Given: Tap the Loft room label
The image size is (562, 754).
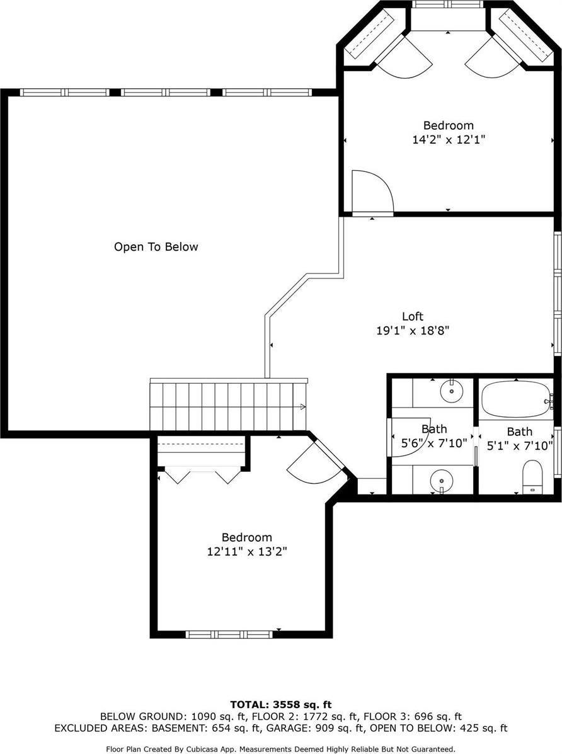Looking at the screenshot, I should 413,316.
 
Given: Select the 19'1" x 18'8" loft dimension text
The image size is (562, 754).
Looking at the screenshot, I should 413,329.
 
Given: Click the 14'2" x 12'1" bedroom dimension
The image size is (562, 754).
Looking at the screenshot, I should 448,139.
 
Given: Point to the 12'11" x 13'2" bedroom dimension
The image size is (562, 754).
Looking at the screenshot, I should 246,551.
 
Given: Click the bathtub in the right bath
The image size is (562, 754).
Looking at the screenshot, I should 515,399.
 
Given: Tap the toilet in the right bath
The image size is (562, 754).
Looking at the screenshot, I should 532,476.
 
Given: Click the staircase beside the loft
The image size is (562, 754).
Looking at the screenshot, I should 227,406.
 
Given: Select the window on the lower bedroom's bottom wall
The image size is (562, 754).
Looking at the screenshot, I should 229,634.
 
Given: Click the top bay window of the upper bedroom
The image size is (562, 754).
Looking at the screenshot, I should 448,4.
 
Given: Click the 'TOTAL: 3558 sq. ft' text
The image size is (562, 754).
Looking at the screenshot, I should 280,704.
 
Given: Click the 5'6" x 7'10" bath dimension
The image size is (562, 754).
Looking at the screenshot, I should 434,443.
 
